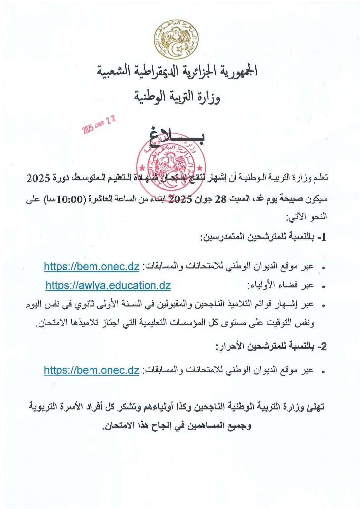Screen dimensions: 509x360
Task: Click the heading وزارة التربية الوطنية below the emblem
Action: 177,97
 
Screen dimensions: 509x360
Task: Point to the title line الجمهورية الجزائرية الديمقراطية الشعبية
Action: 177,71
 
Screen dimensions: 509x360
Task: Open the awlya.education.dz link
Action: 108,285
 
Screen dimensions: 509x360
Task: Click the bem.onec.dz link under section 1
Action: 91,266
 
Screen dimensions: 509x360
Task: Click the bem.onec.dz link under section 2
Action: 91,370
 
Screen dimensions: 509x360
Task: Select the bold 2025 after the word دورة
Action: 38,178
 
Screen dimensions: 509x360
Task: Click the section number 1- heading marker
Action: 322,237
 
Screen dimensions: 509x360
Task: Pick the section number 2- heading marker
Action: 322,347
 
